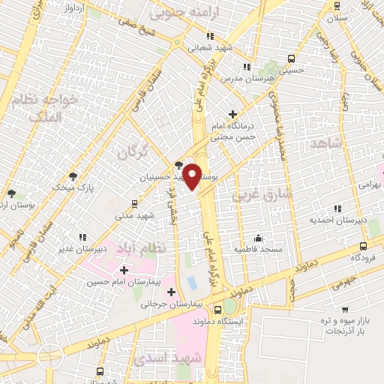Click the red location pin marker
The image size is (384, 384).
pyautogui.click(x=193, y=176)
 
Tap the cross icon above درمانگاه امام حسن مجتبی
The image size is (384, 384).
pyautogui.click(x=233, y=115)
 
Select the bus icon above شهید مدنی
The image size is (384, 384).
pyautogui.click(x=134, y=202)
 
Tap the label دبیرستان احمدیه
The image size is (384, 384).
pyautogui.click(x=337, y=221)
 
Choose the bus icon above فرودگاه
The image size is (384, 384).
pyautogui.click(x=364, y=245)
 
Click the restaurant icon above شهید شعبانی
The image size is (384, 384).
pyautogui.click(x=211, y=35)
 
